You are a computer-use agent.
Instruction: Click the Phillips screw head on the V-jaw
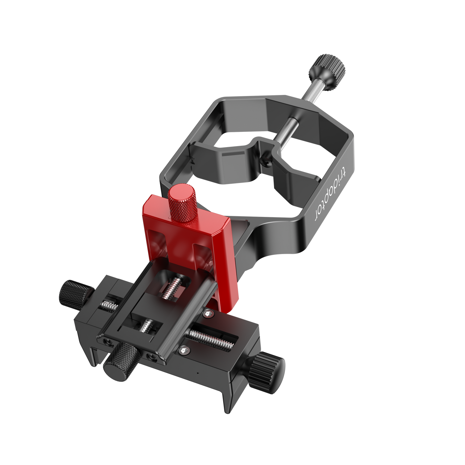[x=264, y=162]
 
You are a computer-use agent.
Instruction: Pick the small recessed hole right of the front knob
[x=152, y=357]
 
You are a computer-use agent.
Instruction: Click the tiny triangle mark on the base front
[x=198, y=373]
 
